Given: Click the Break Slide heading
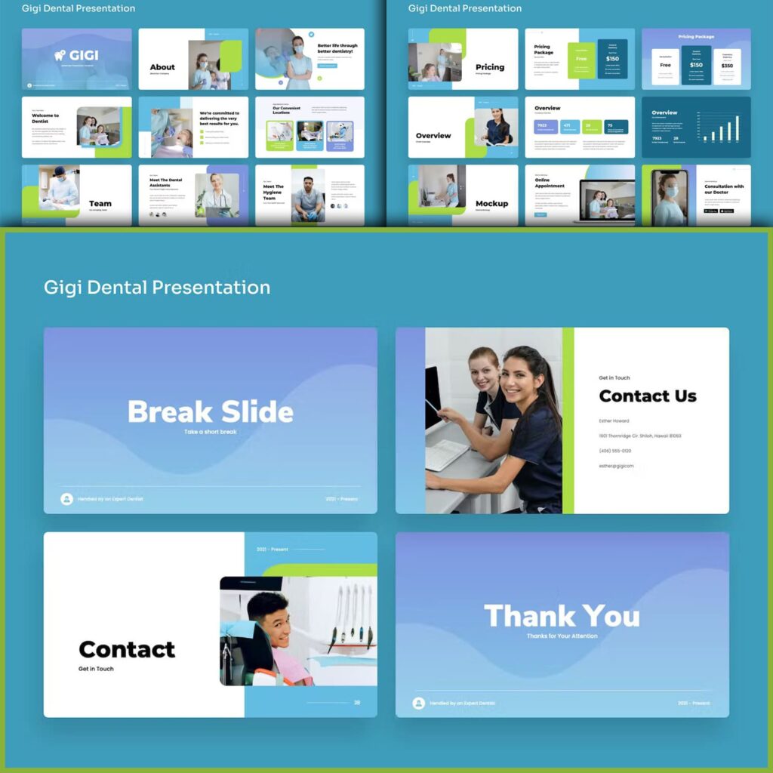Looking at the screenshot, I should pos(210,411).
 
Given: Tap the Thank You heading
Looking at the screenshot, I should pos(562,616).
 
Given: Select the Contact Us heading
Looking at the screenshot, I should pos(647,396).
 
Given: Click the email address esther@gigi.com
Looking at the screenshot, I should pos(616,466).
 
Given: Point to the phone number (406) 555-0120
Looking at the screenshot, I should pos(615,451).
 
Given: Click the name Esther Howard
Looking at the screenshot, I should pos(614,420).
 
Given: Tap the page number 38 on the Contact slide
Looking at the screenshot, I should pos(357,702).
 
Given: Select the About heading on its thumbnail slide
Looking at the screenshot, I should pos(162,67).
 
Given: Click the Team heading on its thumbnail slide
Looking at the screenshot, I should pos(100,203).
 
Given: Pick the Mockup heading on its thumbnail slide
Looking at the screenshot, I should pos(491,203).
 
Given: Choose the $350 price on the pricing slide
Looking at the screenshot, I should pos(727,66).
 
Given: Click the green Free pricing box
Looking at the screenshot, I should pos(581,59).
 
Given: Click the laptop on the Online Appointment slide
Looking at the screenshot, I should pos(604,204).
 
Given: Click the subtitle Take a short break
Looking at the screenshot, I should pos(210,432).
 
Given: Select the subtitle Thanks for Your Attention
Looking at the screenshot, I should pos(562,636).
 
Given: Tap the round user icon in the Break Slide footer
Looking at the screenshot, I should pos(66,499).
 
